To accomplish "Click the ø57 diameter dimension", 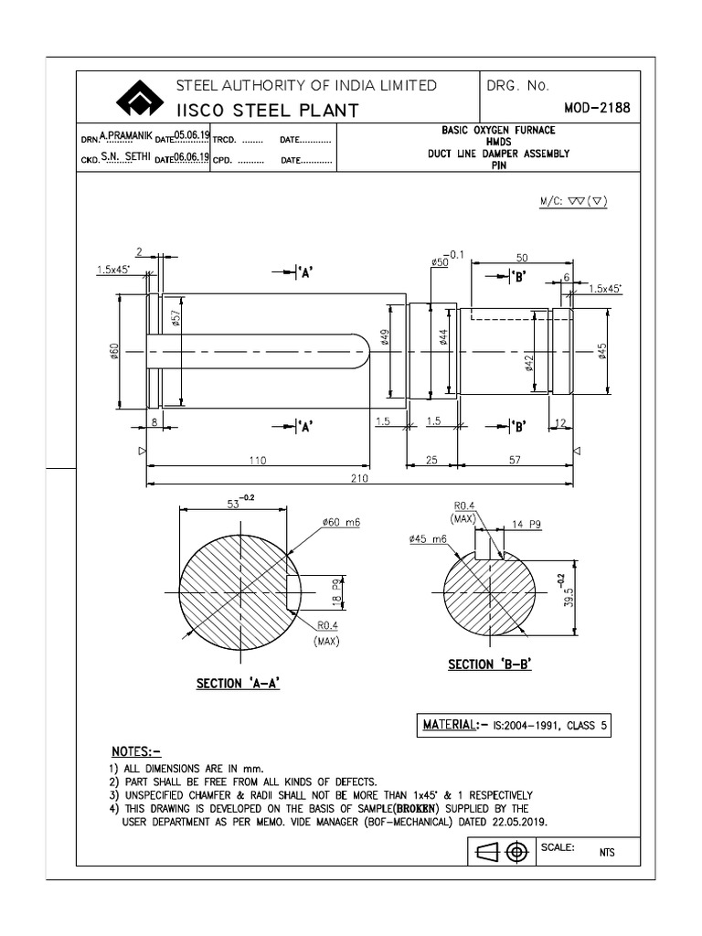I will (175, 318).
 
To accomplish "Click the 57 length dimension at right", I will (516, 462).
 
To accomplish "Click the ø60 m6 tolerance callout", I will (340, 522).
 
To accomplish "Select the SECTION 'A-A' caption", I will (238, 683).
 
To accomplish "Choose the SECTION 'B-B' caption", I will (489, 665).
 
